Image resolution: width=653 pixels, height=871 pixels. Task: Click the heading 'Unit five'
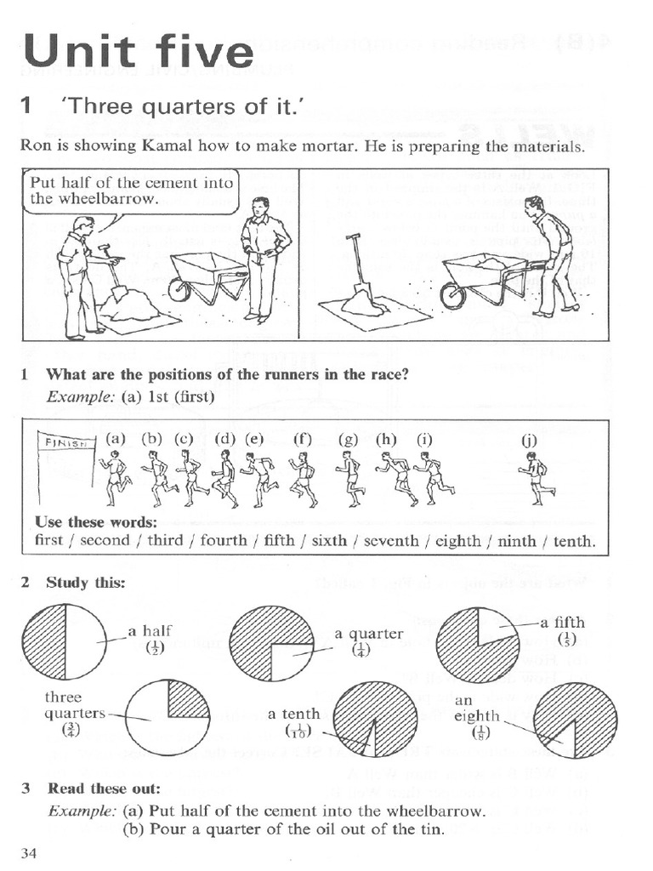139,53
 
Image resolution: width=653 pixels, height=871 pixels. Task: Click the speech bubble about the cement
130,191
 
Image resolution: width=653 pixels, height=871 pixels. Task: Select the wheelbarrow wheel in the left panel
179,289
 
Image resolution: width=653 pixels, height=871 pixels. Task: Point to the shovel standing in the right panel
355,272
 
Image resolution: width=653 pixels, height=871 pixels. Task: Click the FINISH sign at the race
66,442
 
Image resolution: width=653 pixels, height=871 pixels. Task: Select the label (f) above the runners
303,440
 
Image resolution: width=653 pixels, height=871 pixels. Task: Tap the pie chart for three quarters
168,716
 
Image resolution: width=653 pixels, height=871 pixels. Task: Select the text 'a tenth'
293,714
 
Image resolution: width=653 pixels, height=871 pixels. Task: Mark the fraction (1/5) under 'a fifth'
567,639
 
